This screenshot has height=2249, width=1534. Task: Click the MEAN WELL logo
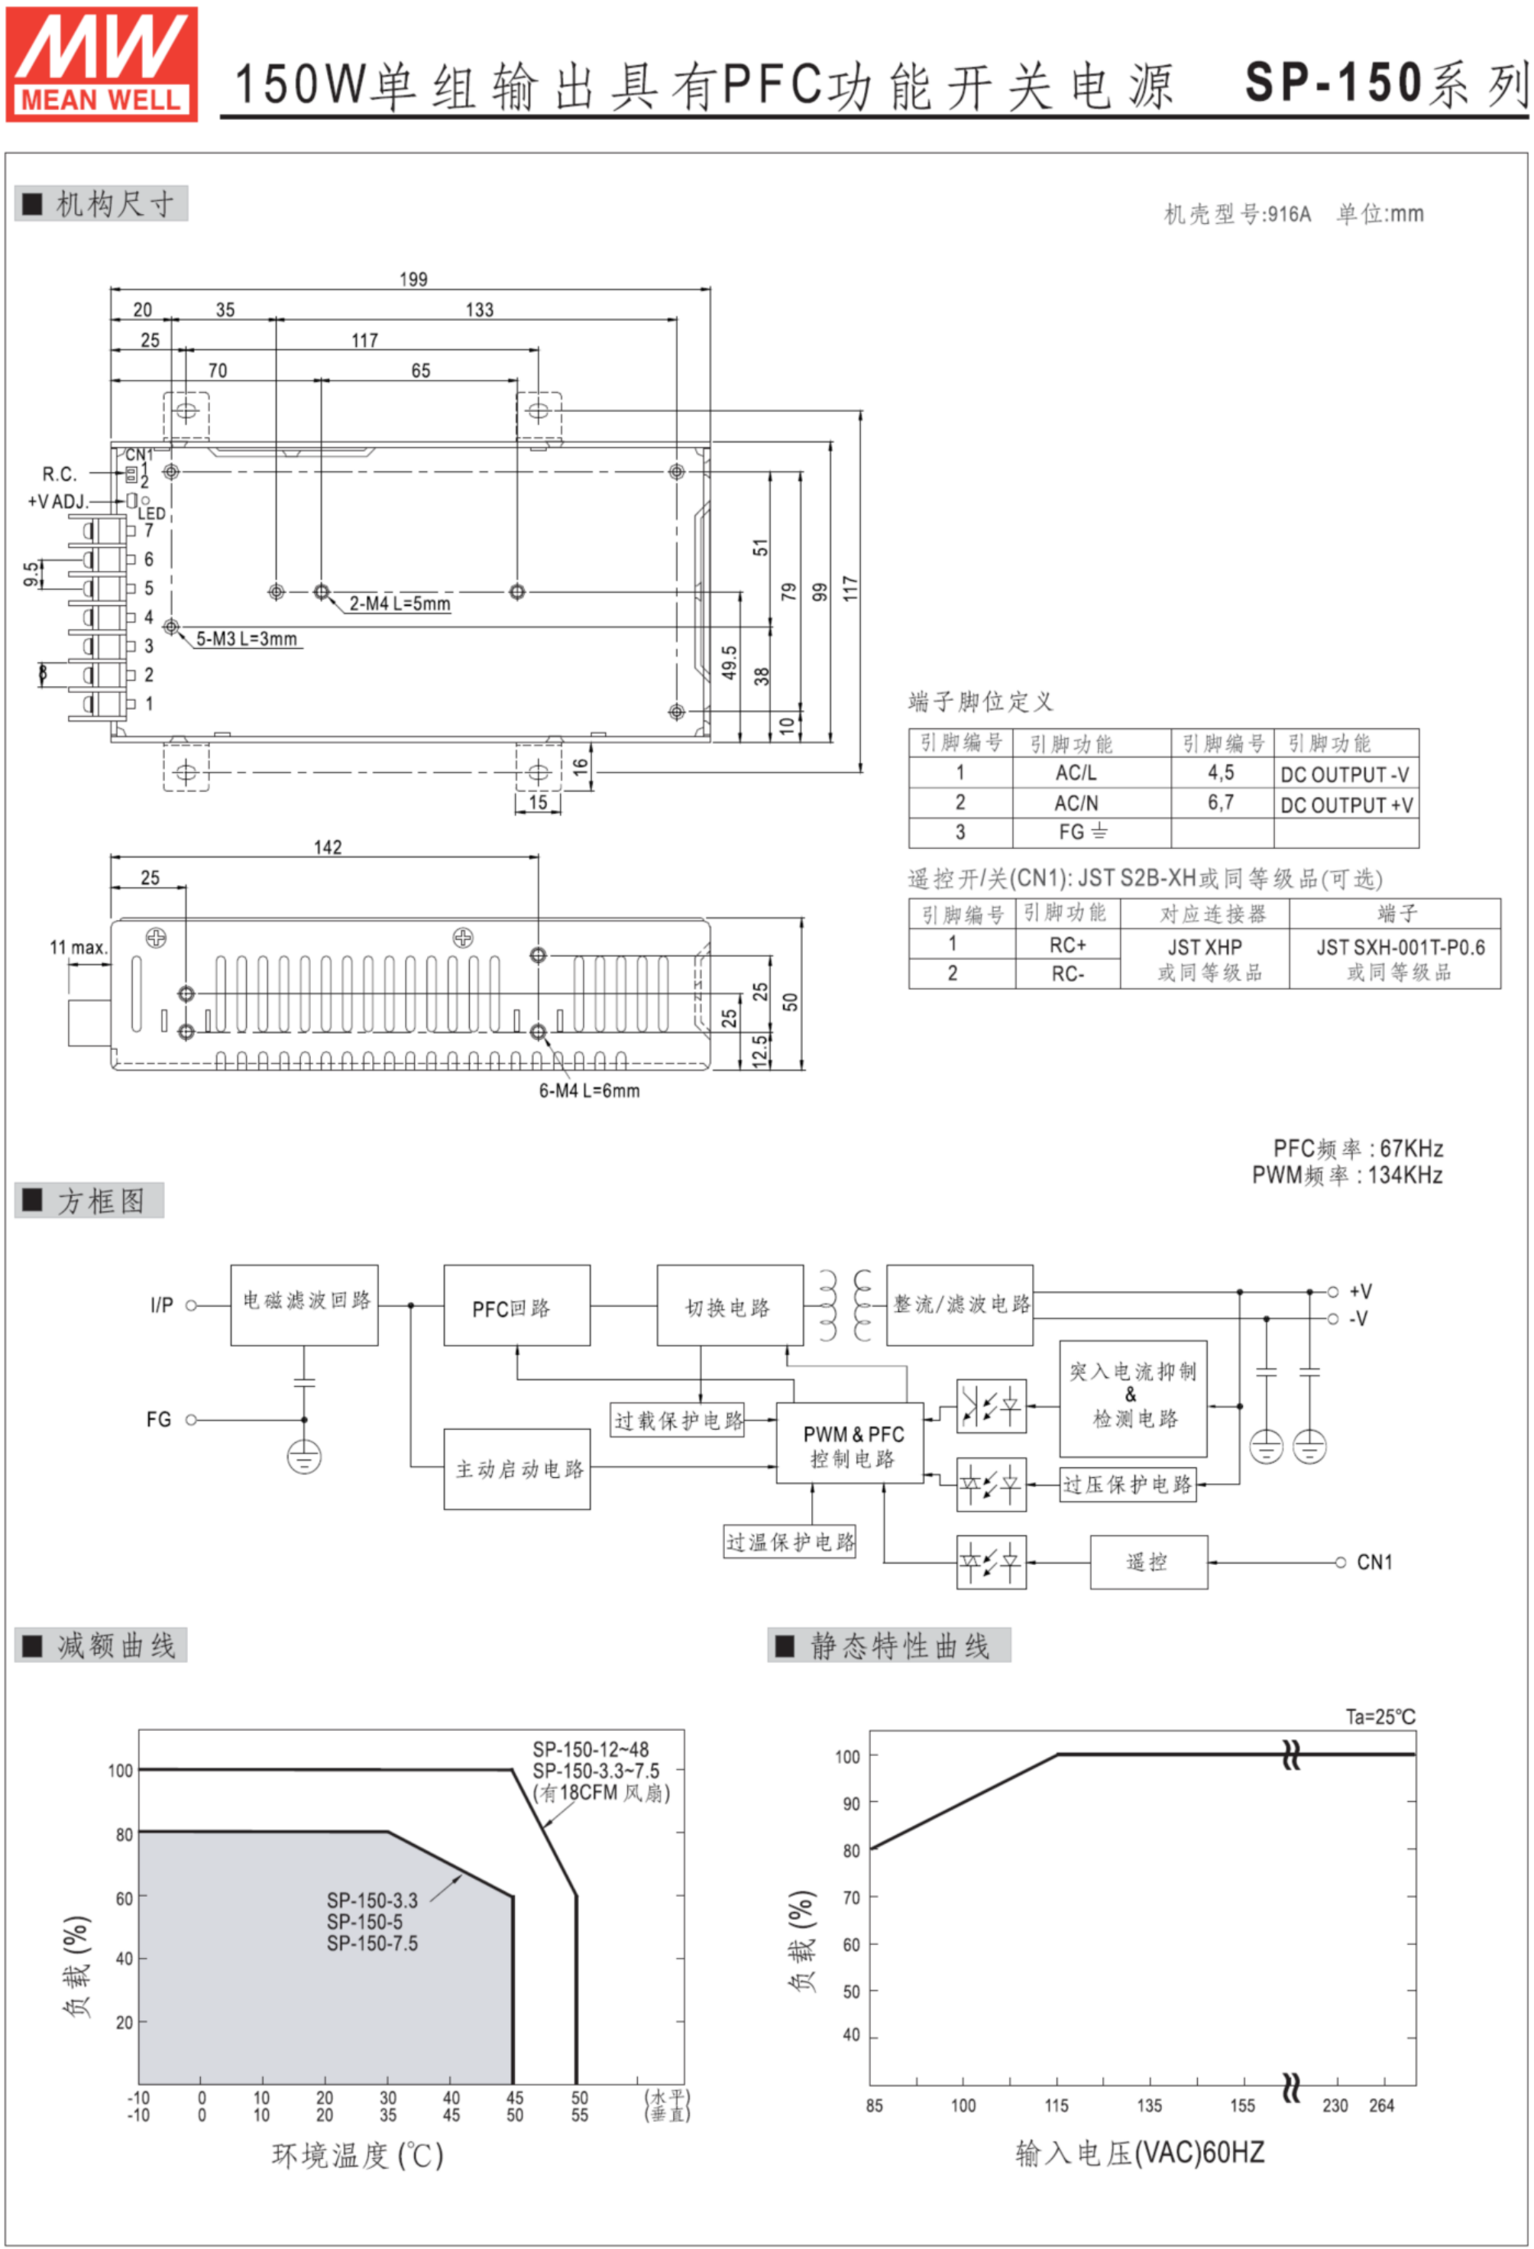click(x=102, y=64)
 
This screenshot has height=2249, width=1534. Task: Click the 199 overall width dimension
click(x=413, y=279)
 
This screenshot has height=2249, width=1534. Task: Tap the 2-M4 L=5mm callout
click(x=400, y=603)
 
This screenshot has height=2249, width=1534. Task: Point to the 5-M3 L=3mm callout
click(x=247, y=639)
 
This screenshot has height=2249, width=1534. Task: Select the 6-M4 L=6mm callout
click(x=589, y=1090)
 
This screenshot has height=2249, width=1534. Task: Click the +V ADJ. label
click(x=58, y=501)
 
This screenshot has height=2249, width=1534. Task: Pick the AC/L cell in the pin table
click(x=1076, y=773)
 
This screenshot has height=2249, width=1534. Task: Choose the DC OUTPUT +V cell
click(x=1346, y=804)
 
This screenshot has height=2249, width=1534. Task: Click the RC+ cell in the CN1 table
click(x=1068, y=945)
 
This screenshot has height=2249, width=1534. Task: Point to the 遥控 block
click(x=1149, y=1562)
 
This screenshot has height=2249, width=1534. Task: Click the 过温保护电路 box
click(x=790, y=1541)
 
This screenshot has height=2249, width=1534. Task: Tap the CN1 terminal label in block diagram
click(x=1374, y=1562)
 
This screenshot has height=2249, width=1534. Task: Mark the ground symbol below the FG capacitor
click(x=304, y=1457)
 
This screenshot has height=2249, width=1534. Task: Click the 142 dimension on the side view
click(x=328, y=847)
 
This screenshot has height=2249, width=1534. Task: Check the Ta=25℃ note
click(x=1380, y=1717)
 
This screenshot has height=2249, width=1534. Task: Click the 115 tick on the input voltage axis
click(x=1057, y=2105)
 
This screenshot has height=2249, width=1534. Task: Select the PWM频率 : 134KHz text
click(x=1348, y=1175)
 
